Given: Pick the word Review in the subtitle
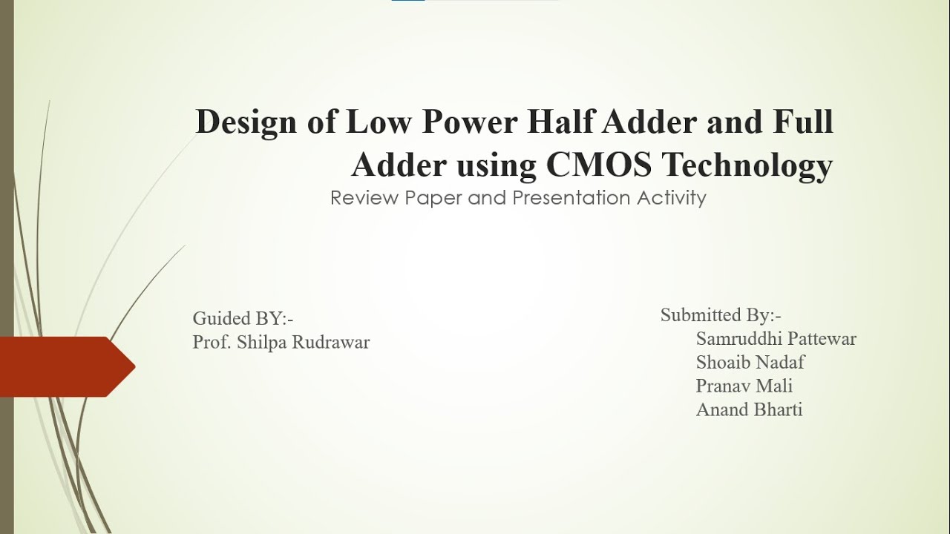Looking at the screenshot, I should (358, 199).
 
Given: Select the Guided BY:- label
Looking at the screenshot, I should (243, 319).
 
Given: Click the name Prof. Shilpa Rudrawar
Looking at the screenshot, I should (281, 343).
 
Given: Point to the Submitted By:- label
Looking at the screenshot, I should (721, 315).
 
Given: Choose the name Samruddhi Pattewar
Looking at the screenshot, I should (776, 339).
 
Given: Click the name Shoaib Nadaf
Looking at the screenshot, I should (750, 363).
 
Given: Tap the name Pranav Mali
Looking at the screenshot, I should (744, 386).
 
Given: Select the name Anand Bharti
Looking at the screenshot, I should (749, 409).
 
